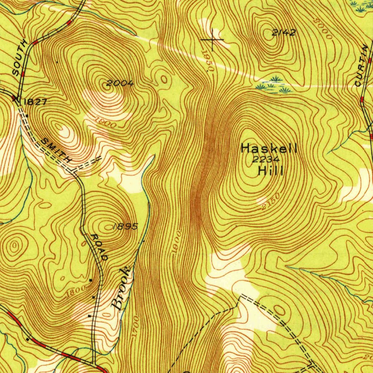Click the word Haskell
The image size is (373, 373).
(269, 148)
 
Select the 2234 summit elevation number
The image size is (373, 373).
(266, 160)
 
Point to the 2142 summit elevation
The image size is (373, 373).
(284, 33)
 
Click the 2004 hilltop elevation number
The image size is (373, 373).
(121, 83)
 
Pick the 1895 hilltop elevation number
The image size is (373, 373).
(125, 227)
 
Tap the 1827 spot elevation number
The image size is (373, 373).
(35, 102)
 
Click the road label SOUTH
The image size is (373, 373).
(20, 58)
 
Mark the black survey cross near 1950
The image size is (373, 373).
(212, 39)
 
